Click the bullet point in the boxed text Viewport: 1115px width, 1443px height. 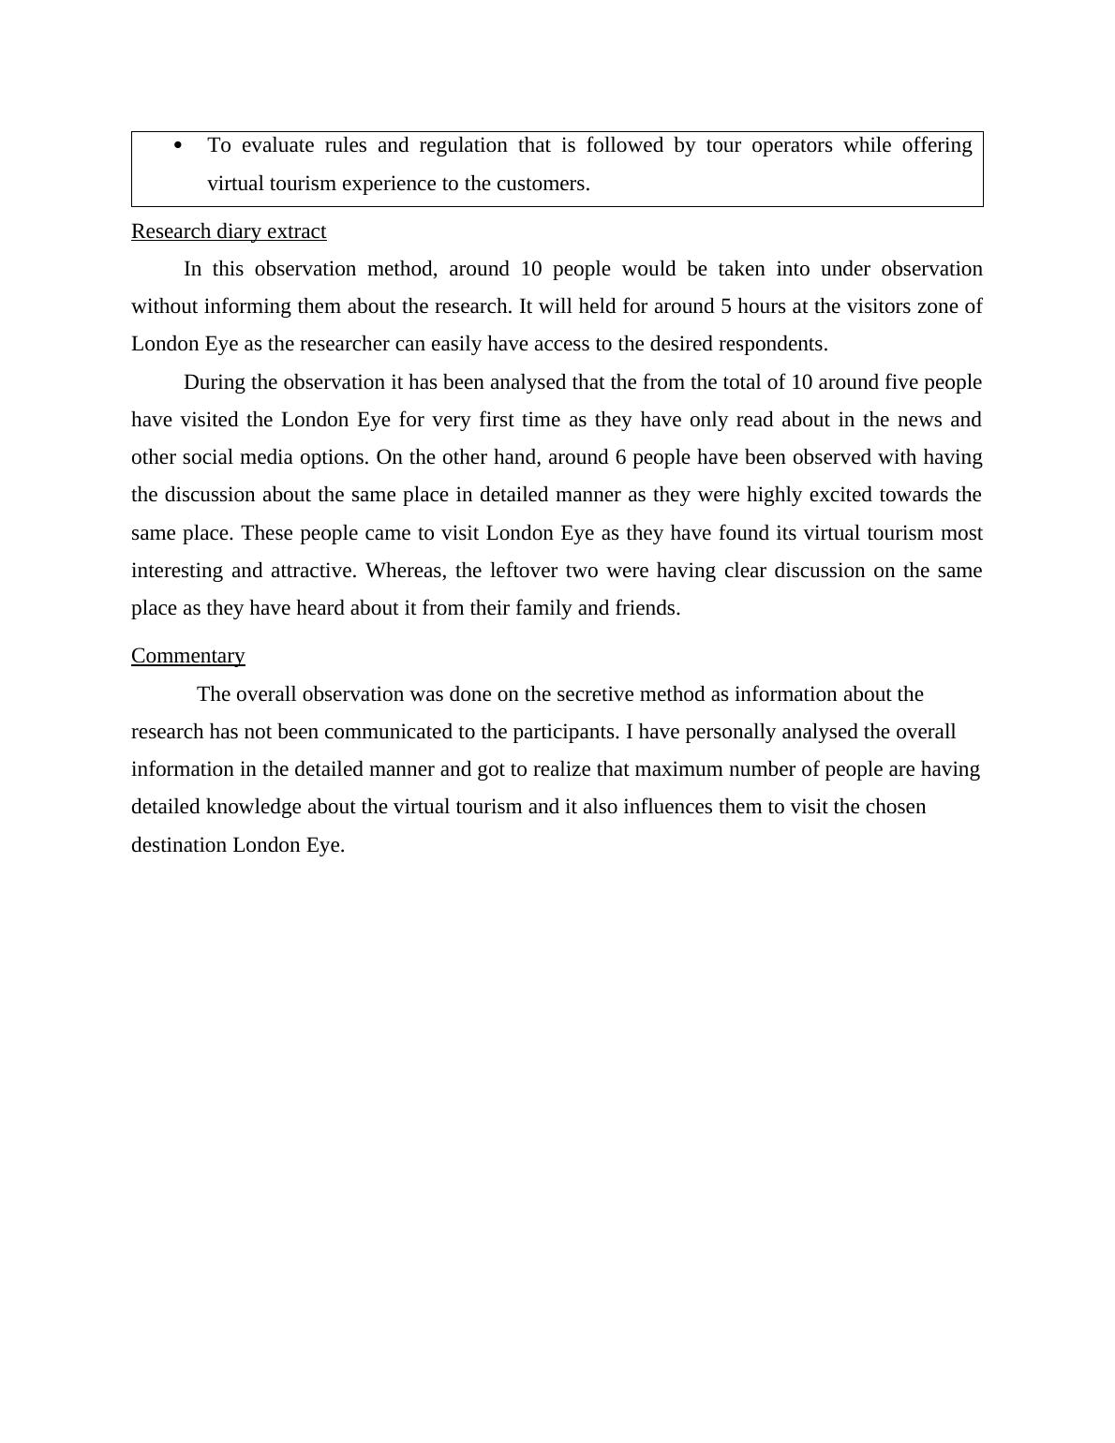pos(178,145)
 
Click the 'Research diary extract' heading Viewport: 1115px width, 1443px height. pos(229,231)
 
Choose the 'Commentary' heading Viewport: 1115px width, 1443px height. pos(187,656)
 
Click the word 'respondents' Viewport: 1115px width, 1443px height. pos(771,344)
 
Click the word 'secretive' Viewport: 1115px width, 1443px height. pos(595,694)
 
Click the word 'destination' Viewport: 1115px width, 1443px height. pos(179,845)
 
